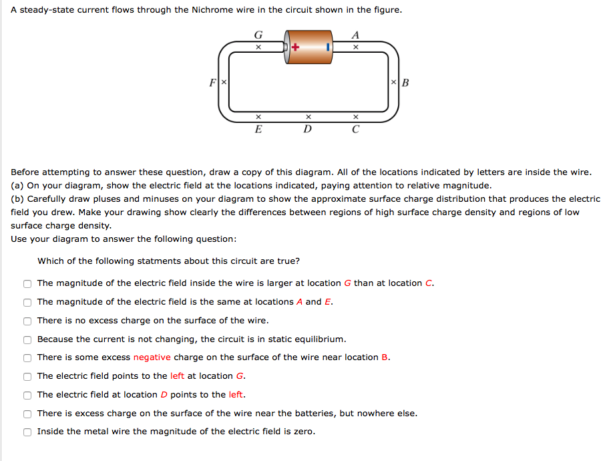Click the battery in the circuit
tap(309, 47)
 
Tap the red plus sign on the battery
tap(294, 47)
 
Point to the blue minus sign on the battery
tap(328, 47)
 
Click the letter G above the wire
tap(258, 35)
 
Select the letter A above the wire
tap(355, 35)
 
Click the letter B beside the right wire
tap(405, 83)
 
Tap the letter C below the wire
tap(355, 129)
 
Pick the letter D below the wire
tap(307, 129)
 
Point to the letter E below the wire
tap(258, 129)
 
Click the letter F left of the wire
tap(212, 83)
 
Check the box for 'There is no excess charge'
tap(27, 321)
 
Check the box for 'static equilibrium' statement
tap(27, 339)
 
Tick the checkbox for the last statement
tap(27, 432)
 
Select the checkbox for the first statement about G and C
tap(27, 283)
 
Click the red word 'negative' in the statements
tap(152, 357)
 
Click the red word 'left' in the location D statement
tap(236, 394)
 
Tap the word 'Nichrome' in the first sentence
tap(195, 11)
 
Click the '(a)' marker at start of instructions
tap(17, 185)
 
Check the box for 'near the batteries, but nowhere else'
tap(27, 414)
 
